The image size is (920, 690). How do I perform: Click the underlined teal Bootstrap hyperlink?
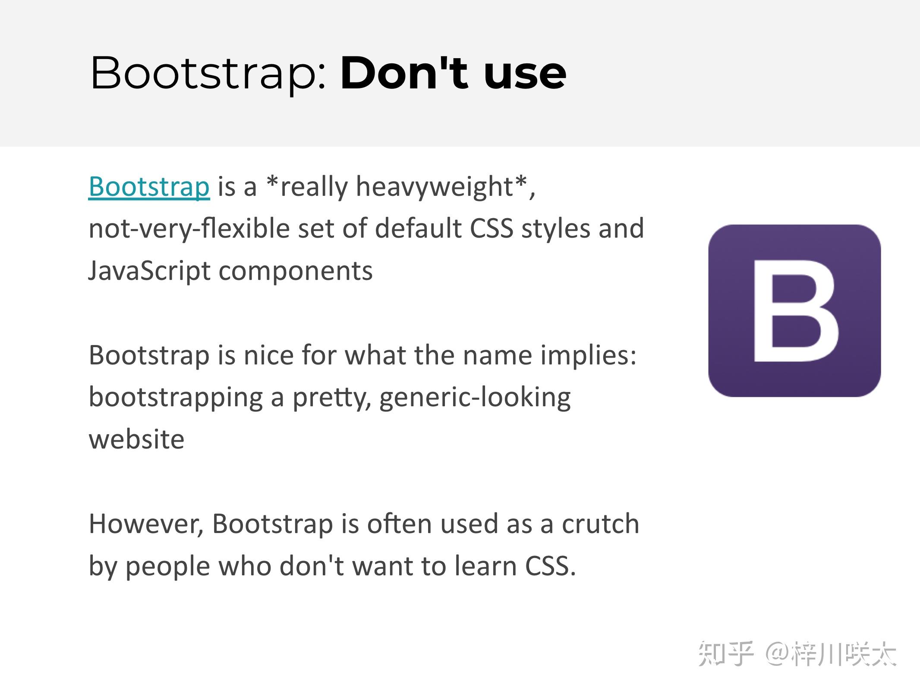point(149,187)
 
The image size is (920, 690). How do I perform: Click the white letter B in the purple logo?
point(795,310)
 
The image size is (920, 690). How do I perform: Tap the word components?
point(296,271)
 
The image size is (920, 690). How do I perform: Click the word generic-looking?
point(475,398)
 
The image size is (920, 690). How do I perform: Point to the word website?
point(136,440)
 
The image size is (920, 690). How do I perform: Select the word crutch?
point(600,524)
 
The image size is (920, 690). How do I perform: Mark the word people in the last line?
point(168,566)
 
